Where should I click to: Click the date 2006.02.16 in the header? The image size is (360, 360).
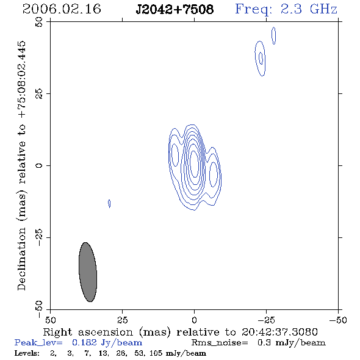pos(62,9)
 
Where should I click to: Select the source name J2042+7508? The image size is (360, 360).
pos(175,10)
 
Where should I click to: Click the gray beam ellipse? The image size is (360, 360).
pos(88,272)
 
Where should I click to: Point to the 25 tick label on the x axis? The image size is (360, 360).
pos(122,320)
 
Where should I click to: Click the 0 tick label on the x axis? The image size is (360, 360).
pos(194,320)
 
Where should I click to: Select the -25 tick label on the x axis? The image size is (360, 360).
pos(266,320)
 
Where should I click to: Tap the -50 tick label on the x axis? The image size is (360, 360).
pos(338,320)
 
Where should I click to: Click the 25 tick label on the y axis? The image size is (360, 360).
pos(39,94)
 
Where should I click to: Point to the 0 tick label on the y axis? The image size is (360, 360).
pos(39,165)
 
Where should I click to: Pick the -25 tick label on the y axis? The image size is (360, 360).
pos(39,237)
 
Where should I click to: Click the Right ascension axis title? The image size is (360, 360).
pos(180,332)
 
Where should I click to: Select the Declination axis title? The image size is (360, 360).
pos(21,165)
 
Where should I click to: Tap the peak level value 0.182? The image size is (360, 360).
pos(84,342)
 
